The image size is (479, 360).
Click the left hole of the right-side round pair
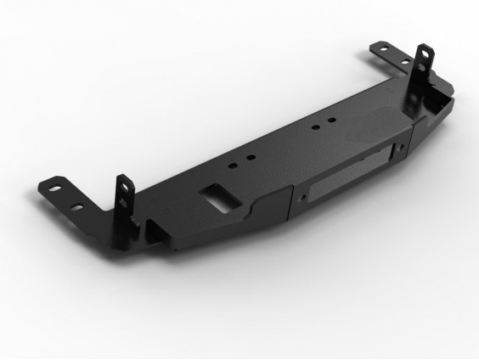pos(316,129)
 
